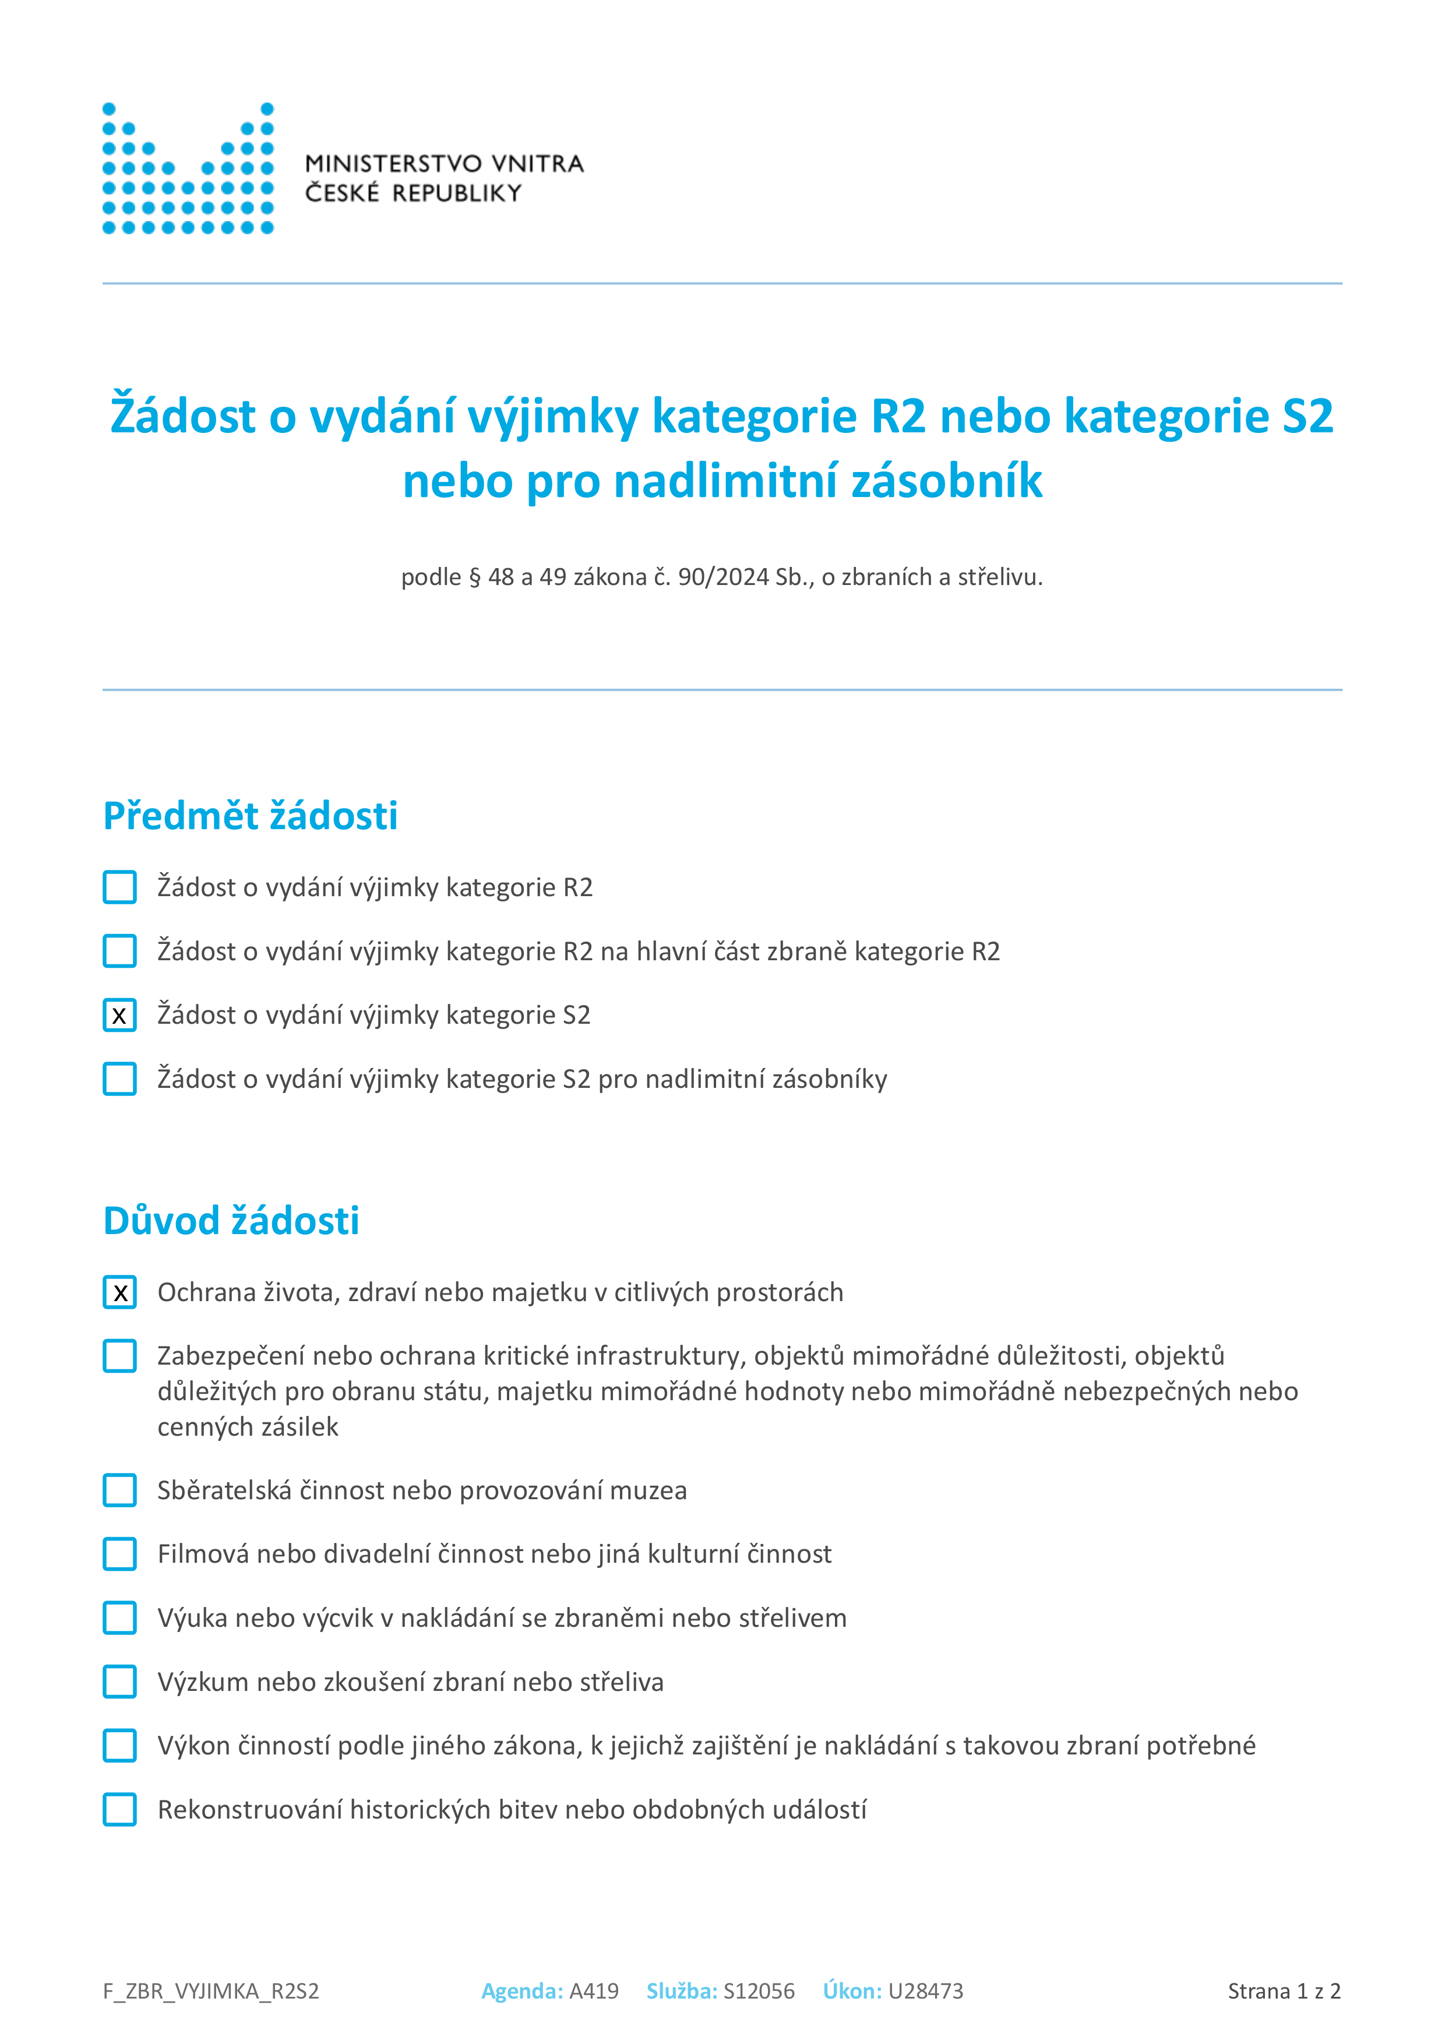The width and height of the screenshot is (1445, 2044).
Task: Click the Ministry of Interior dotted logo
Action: pos(188,168)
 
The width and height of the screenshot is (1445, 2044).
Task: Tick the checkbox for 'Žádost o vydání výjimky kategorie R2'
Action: pos(119,887)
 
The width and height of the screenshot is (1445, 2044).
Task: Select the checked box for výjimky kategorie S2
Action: pos(119,1015)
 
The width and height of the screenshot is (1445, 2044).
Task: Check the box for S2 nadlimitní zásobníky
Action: pos(119,1079)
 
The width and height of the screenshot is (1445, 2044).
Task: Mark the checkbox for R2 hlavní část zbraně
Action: pos(119,951)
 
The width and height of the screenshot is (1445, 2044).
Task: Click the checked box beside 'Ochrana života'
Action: pos(119,1292)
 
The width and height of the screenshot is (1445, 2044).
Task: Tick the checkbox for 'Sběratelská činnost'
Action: pos(119,1490)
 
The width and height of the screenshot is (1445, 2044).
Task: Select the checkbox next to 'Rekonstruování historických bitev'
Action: pos(119,1810)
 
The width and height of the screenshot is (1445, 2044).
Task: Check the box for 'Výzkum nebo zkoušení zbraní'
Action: pos(119,1682)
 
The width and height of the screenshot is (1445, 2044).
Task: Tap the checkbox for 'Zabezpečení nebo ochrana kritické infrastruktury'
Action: pos(119,1356)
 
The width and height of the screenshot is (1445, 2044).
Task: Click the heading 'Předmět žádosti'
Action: pos(250,816)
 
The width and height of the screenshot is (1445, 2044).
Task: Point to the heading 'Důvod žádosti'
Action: pos(231,1221)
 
